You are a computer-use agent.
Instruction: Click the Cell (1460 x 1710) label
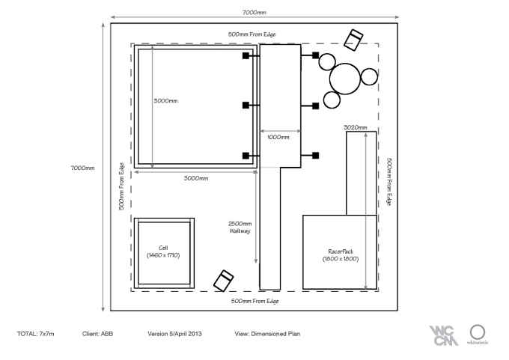point(163,251)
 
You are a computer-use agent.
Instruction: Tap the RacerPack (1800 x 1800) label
point(341,255)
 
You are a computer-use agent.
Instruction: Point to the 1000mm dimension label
point(278,137)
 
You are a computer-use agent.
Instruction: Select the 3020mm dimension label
point(356,127)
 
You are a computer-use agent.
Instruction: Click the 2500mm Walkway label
point(240,228)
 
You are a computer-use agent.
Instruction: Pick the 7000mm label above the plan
point(254,12)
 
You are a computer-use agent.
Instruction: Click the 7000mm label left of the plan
point(83,168)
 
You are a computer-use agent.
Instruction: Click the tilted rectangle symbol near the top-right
point(353,40)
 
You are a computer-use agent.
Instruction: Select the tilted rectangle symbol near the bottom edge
point(223,281)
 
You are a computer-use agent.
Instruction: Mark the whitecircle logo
point(478,335)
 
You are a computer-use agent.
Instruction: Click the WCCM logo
point(443,335)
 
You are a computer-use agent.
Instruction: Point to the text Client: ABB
point(97,334)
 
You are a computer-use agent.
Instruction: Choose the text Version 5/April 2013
point(174,334)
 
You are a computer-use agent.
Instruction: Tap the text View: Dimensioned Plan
point(267,334)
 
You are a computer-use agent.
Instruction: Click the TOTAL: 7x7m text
point(36,334)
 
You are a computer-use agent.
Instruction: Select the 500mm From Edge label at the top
point(252,34)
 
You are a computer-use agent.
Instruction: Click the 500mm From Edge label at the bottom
point(254,301)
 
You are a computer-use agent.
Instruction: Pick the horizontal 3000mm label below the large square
point(196,178)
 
